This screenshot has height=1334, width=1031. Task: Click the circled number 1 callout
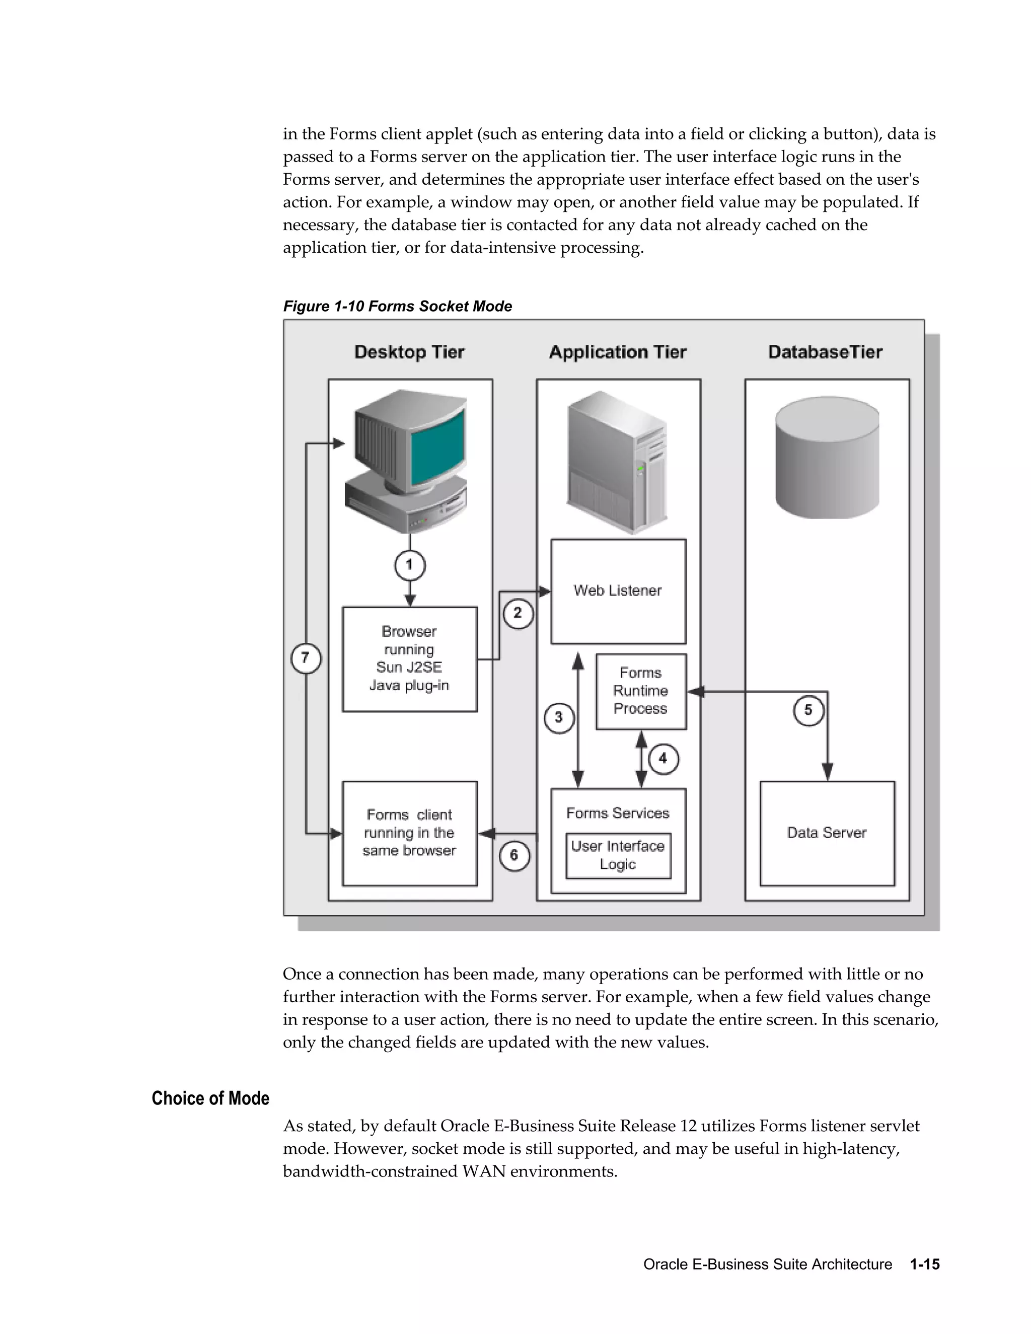pyautogui.click(x=409, y=565)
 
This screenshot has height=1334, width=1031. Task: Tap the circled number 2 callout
pyautogui.click(x=518, y=613)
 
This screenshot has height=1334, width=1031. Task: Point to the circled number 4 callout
pyautogui.click(x=664, y=759)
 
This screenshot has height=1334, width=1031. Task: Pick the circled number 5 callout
pyautogui.click(x=808, y=710)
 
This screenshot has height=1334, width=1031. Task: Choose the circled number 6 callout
pyautogui.click(x=514, y=856)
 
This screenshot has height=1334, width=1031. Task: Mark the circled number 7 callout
pyautogui.click(x=306, y=658)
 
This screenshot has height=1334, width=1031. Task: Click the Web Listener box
pyautogui.click(x=618, y=590)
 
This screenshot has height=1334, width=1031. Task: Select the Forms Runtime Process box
pyautogui.click(x=641, y=691)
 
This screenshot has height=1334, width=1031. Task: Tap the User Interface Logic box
pyautogui.click(x=618, y=855)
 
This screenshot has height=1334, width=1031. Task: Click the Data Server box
pyautogui.click(x=827, y=833)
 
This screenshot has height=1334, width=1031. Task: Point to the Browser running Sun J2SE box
pyautogui.click(x=409, y=658)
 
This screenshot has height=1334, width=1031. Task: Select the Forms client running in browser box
pyautogui.click(x=409, y=833)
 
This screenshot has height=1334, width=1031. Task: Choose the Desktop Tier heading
pyautogui.click(x=409, y=352)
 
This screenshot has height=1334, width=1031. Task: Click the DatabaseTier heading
pyautogui.click(x=825, y=352)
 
